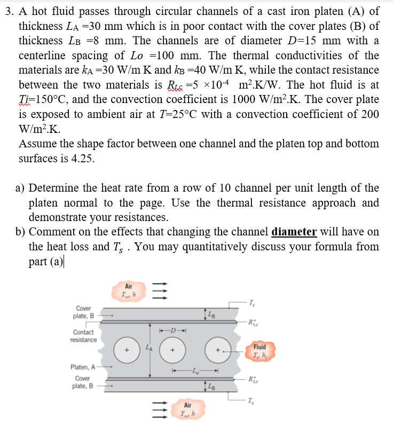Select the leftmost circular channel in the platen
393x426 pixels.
coord(127,350)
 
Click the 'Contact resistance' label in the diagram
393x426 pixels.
coord(85,336)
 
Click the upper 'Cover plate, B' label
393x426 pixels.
coord(83,312)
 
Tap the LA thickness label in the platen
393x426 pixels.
coord(148,348)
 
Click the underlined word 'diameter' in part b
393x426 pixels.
coord(294,232)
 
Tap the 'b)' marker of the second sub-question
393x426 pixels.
coord(21,232)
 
